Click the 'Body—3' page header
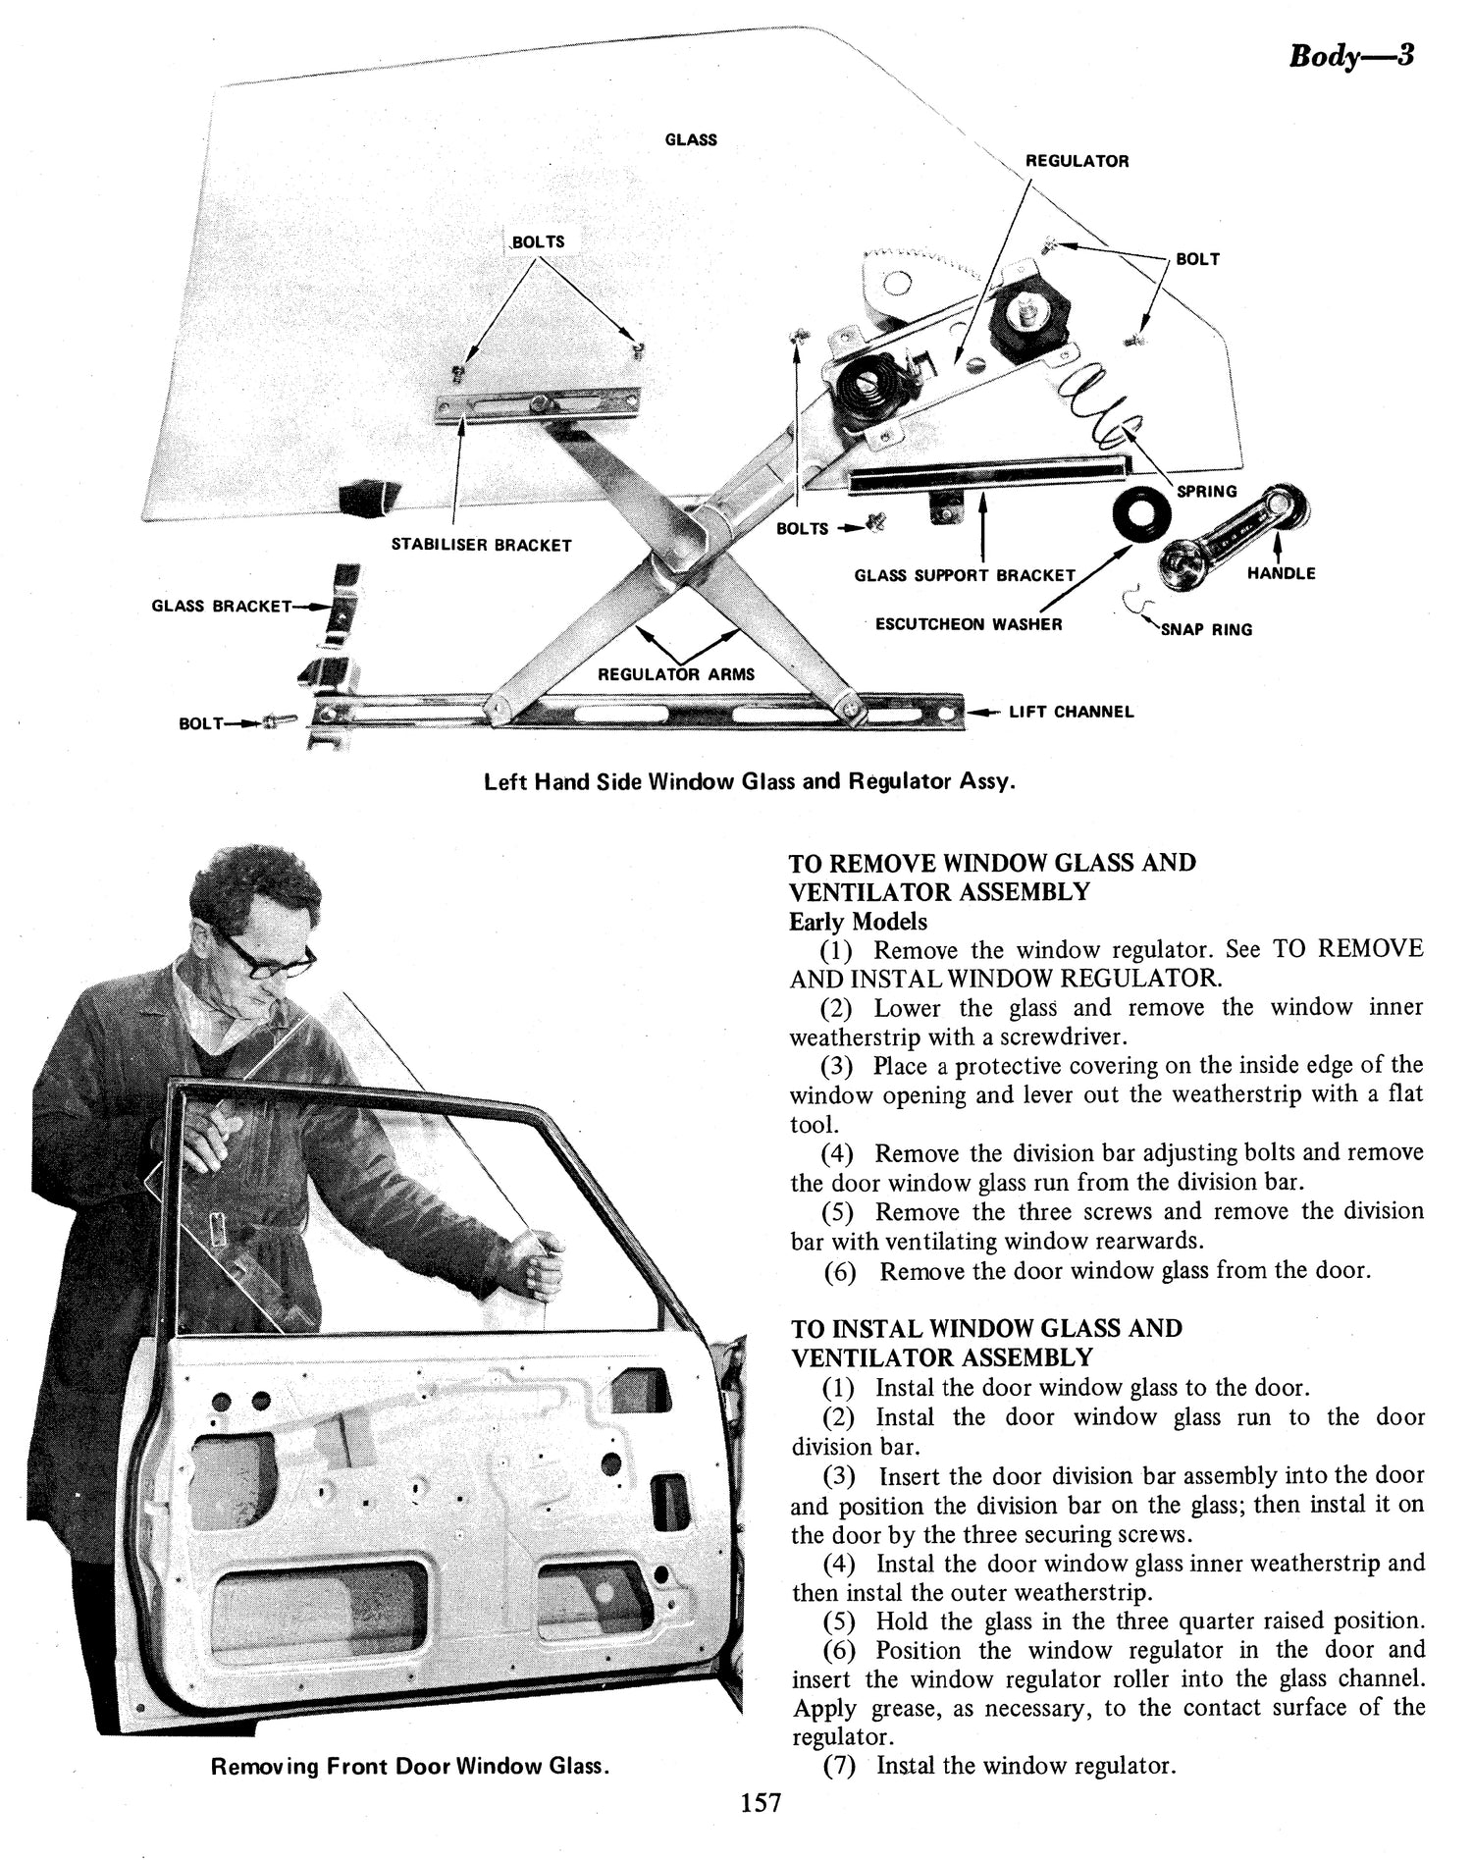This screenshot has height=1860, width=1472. (1350, 56)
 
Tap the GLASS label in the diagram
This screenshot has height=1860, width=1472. (691, 139)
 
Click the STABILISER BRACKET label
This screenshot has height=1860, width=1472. (481, 545)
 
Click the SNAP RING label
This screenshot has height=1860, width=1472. (1206, 630)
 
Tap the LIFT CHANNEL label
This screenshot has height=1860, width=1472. (1071, 712)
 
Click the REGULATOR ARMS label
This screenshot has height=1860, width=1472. (676, 674)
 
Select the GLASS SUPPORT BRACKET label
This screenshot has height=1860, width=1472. (965, 575)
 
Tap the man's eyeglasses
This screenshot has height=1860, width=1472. (265, 955)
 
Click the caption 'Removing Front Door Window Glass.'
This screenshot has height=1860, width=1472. (409, 1766)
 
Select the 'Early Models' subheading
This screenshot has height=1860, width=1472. (858, 922)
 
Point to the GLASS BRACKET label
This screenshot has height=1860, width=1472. (221, 606)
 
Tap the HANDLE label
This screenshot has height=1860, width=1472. (1280, 573)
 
